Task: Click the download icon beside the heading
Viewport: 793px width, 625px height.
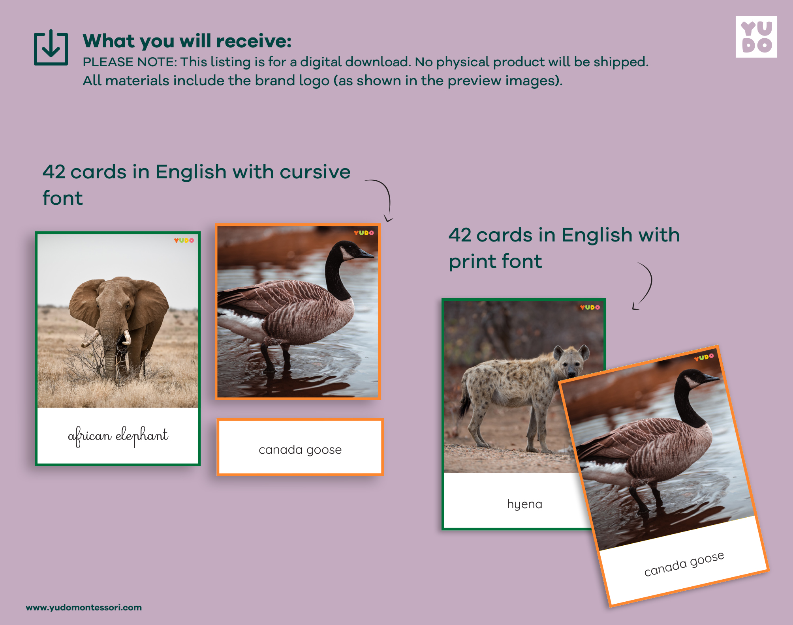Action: tap(51, 47)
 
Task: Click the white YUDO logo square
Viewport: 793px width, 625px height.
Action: tap(756, 37)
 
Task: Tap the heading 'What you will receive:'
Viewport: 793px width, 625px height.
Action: tap(187, 41)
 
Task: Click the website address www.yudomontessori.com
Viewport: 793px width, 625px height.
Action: tap(84, 607)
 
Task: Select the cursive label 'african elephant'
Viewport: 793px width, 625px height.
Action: tap(118, 436)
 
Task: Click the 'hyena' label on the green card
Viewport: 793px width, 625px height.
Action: tap(524, 504)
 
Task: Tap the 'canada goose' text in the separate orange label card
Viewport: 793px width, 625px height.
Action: tap(300, 449)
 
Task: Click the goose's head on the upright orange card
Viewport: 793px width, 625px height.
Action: tap(351, 251)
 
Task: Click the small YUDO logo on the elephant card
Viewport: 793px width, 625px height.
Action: tap(184, 240)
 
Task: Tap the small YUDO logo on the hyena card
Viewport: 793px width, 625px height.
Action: tap(590, 307)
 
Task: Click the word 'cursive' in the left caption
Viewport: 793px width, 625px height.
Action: tap(315, 172)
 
